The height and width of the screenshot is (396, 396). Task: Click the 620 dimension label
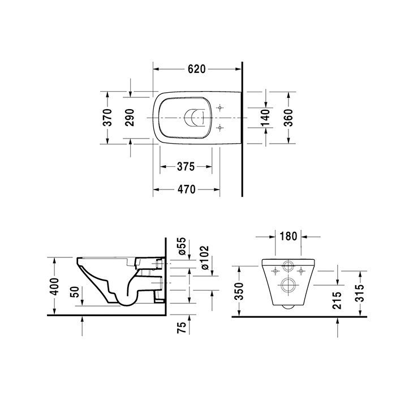195,69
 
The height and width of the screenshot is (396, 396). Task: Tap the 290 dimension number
131,117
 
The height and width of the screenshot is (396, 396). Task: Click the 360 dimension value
287,117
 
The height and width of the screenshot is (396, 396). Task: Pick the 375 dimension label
185,167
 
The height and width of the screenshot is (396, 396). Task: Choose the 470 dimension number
185,190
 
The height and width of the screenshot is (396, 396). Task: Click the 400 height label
55,286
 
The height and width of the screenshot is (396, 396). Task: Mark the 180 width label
288,235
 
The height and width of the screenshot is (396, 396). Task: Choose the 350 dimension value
239,292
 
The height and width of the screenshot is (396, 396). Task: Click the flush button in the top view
195,117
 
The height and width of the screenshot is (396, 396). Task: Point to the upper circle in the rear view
288,266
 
